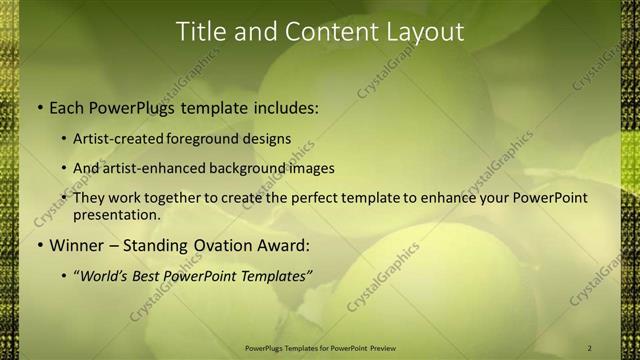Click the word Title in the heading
tap(200, 32)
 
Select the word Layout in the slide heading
tap(424, 32)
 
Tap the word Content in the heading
tap(323, 32)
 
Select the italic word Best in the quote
tap(163, 276)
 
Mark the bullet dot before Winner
tap(39, 245)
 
